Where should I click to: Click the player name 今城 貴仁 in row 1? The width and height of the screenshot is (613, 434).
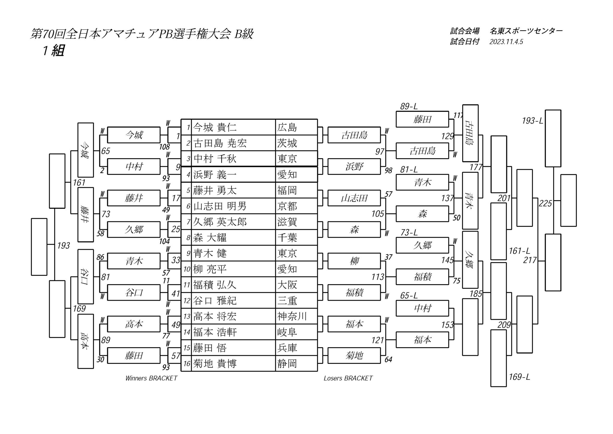215,128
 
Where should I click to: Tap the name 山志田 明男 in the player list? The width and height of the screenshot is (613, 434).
220,206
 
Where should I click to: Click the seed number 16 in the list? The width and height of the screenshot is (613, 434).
187,364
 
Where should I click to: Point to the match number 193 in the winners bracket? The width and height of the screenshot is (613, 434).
63,246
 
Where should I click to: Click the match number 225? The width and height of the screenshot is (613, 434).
545,204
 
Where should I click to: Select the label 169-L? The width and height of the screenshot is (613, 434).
519,377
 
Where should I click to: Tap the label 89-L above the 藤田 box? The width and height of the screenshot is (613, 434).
409,106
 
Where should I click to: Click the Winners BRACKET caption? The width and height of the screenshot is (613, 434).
151,378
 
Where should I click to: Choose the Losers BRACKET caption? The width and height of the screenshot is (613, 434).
348,378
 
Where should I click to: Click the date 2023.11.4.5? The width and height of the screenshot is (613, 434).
506,42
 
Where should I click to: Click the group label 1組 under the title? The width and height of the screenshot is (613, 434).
53,51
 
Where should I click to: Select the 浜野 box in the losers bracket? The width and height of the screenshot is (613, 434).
354,167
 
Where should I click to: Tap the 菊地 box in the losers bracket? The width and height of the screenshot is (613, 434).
354,356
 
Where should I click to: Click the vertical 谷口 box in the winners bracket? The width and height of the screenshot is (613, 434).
86,276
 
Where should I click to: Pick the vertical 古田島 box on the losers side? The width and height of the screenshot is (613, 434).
470,133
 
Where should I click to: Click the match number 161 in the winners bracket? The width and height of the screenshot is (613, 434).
79,182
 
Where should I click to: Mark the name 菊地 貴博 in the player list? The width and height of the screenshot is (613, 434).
215,364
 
